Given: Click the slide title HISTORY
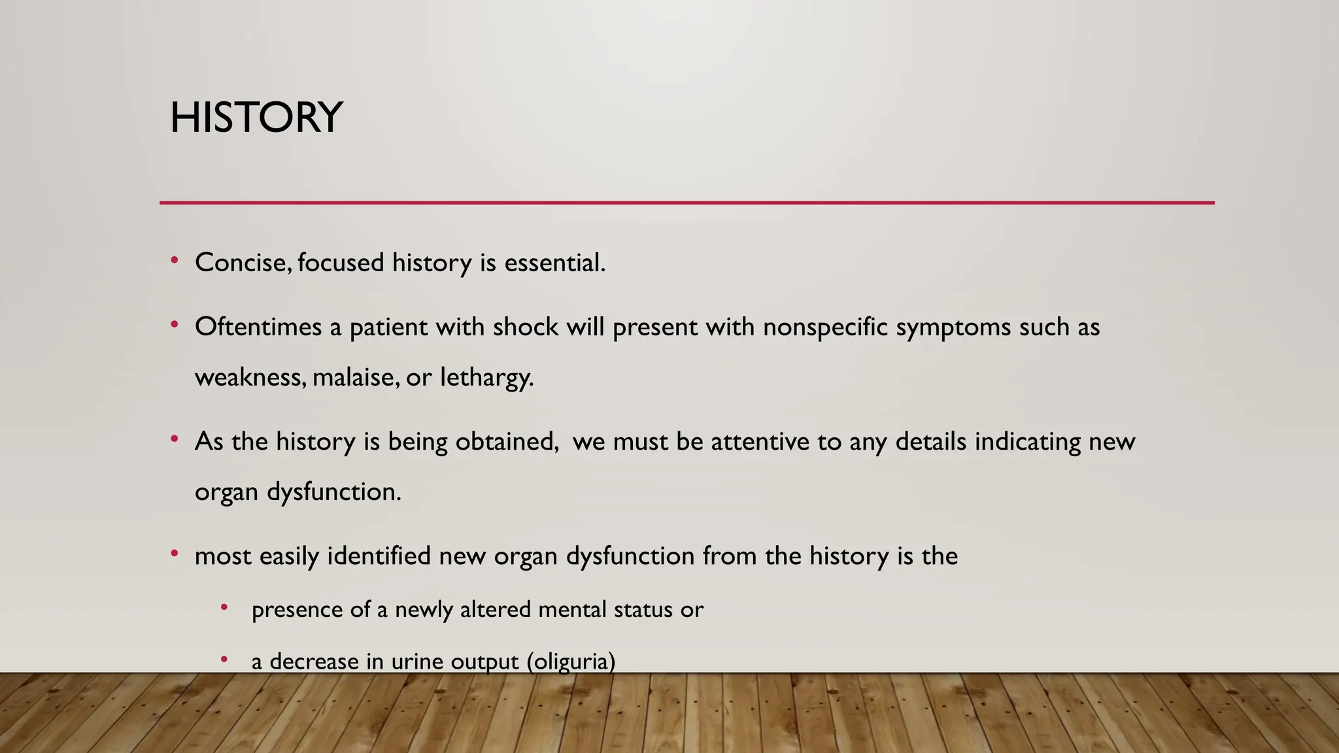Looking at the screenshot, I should tap(256, 118).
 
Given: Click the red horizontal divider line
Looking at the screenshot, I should tap(686, 203).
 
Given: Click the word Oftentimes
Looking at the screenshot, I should tap(258, 327).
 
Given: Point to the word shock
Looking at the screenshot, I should tap(526, 327).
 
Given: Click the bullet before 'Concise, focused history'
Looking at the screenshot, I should tap(174, 261).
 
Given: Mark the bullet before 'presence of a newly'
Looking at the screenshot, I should tap(224, 608).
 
